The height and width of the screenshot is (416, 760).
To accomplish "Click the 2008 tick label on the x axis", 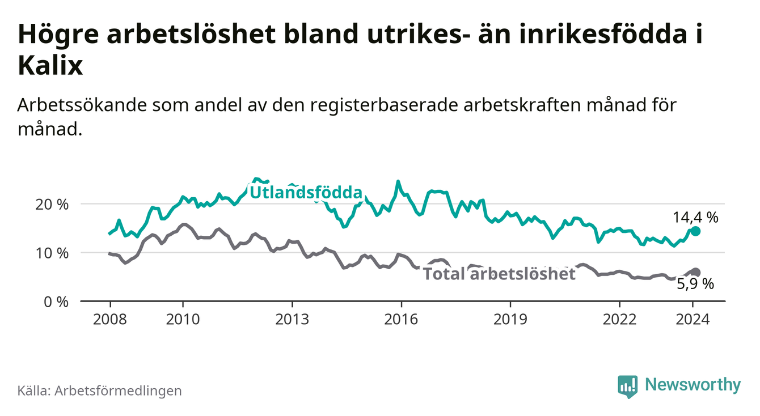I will (109, 319).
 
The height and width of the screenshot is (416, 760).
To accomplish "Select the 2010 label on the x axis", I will (183, 319).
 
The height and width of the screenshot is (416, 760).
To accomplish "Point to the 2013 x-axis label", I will (292, 319).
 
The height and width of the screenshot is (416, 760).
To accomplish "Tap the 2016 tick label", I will (401, 319).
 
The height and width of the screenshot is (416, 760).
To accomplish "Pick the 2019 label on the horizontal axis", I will (510, 319).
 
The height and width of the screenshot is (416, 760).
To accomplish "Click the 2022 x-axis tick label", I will (619, 319).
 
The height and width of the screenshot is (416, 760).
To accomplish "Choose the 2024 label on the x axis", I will (693, 319).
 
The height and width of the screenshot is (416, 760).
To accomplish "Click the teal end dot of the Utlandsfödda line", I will (696, 231).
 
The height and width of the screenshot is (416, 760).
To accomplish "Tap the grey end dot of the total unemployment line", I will (696, 273).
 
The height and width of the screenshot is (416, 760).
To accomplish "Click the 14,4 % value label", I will (695, 217).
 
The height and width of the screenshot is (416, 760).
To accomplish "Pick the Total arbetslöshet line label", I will (500, 274).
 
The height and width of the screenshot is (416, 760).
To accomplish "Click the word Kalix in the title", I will (50, 66).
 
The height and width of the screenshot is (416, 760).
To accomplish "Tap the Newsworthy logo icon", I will (627, 386).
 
